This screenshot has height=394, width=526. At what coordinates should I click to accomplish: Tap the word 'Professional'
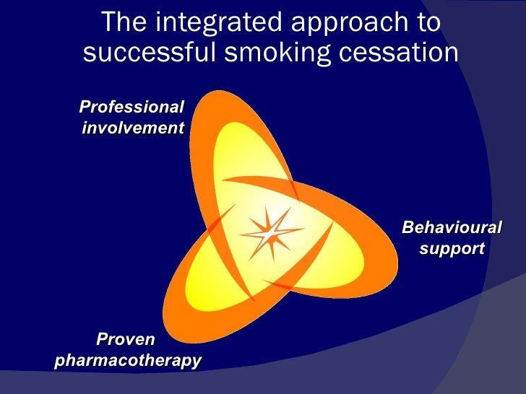[x=131, y=108]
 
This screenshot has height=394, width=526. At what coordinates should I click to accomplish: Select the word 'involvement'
[x=133, y=128]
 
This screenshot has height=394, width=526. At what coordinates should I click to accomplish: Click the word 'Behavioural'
[x=452, y=228]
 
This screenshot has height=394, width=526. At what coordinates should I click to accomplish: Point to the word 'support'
[x=452, y=249]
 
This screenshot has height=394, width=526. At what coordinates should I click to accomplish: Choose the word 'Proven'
[x=126, y=338]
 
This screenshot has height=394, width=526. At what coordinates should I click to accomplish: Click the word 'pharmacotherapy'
[x=127, y=359]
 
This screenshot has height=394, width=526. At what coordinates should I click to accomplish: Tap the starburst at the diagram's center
[x=270, y=234]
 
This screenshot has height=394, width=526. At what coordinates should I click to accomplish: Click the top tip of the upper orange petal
[x=217, y=95]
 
